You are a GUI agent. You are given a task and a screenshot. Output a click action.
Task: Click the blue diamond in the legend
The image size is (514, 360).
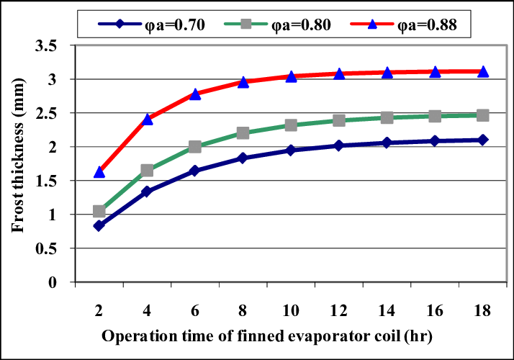click(x=120, y=24)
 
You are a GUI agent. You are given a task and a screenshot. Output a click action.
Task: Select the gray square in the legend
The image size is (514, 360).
click(x=246, y=24)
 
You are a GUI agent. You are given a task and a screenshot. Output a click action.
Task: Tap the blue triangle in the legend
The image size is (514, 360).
click(x=372, y=24)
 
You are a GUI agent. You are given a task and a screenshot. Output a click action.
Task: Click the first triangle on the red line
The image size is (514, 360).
click(x=99, y=172)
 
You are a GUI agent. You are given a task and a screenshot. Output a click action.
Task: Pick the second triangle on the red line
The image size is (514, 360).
click(x=148, y=119)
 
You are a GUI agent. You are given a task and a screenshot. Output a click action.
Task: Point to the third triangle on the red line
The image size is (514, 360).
click(x=195, y=94)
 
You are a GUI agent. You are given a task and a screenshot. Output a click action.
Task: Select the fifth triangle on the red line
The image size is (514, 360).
click(x=291, y=76)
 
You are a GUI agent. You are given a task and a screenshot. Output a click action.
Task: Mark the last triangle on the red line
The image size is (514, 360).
click(x=483, y=71)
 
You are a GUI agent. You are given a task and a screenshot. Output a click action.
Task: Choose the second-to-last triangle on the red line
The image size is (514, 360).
click(x=435, y=72)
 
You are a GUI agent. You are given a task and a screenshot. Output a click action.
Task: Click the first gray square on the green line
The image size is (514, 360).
click(x=99, y=211)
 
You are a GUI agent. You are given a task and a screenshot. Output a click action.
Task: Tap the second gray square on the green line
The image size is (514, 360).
click(x=147, y=170)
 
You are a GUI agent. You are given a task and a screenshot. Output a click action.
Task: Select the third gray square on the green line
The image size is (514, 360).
click(x=195, y=147)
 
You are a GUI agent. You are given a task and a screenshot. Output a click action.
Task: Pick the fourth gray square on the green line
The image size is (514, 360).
click(x=243, y=133)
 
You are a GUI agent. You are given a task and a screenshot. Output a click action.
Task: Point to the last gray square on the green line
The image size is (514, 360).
click(x=483, y=115)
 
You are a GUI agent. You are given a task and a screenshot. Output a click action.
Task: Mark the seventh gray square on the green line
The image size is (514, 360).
click(x=387, y=118)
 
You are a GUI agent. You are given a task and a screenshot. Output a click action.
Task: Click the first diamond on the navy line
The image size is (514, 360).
click(x=99, y=226)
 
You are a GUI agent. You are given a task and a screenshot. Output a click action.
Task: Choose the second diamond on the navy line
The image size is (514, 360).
click(x=147, y=192)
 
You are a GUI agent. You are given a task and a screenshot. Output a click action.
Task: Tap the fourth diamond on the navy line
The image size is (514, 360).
click(x=243, y=158)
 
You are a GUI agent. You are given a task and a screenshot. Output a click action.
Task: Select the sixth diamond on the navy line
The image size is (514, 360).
click(x=339, y=145)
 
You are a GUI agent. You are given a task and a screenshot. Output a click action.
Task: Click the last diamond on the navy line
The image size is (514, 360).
click(x=483, y=140)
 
